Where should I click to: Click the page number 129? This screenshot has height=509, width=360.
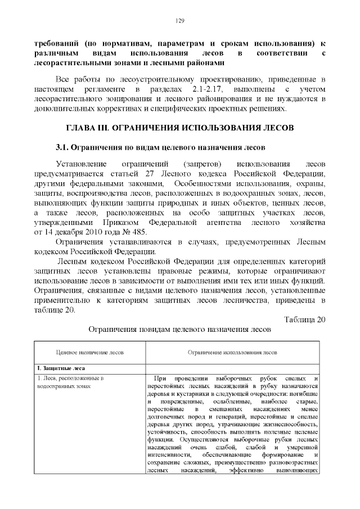(x=180, y=21)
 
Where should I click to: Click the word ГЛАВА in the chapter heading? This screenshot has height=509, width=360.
(x=84, y=128)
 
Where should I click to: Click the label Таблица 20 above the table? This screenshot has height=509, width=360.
(x=304, y=320)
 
